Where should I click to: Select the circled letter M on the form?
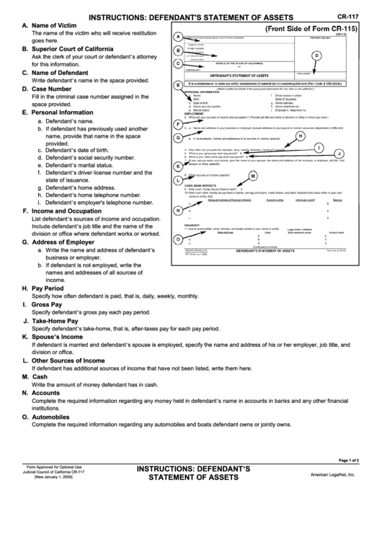pyautogui.click(x=253, y=176)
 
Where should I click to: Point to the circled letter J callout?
pyautogui.click(x=339, y=154)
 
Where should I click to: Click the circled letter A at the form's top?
pyautogui.click(x=178, y=36)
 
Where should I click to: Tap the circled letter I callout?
pyautogui.click(x=319, y=146)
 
